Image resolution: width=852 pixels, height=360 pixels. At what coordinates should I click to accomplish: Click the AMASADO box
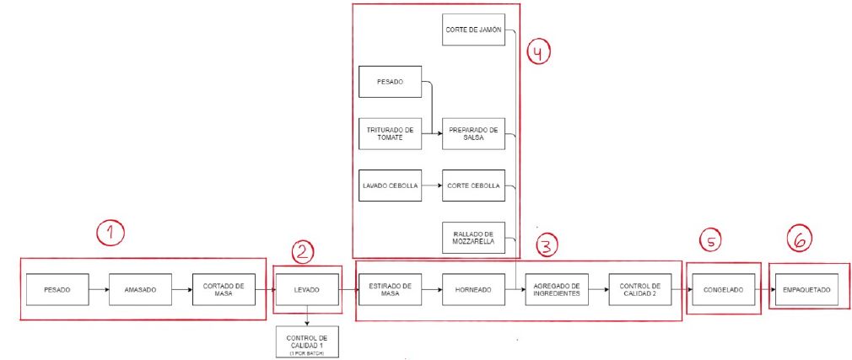140,289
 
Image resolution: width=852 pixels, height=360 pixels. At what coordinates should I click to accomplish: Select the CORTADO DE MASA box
224,289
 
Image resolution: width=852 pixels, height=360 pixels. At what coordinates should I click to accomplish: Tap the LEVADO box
308,289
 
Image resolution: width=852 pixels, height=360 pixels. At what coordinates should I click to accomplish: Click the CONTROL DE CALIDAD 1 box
308,341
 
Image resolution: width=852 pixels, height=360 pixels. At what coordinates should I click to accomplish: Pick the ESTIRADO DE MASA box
390,289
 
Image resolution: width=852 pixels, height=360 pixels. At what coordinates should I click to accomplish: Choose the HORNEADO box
473,289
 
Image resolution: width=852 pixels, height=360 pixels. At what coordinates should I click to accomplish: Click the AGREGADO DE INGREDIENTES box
557,289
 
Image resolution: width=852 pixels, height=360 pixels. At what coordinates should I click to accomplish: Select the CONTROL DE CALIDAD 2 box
640,289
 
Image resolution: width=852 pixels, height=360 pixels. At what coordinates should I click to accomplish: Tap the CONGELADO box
724,289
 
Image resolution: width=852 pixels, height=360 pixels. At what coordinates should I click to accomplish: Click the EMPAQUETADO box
807,289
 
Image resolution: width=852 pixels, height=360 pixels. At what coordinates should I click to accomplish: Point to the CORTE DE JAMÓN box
473,30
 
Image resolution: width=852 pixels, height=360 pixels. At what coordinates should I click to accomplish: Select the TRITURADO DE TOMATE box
390,133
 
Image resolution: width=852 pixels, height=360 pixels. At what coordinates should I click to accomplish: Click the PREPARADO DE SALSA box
473,133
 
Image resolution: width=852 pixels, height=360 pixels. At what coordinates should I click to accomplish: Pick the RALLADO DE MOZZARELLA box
473,238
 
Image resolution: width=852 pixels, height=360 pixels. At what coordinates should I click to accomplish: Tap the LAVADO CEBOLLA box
390,185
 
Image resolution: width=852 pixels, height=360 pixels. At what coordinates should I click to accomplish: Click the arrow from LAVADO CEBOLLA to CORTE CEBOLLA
432,185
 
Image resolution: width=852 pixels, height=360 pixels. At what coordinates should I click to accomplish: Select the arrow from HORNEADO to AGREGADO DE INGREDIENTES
515,289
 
